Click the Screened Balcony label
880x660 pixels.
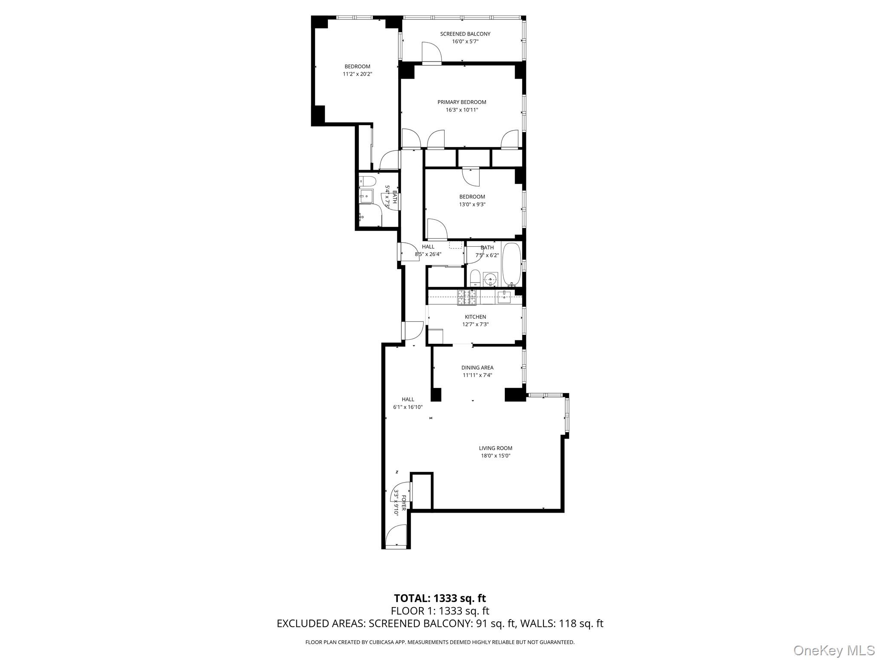(x=465, y=34)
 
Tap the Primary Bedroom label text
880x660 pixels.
(x=461, y=102)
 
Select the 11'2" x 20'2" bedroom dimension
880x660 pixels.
(x=357, y=74)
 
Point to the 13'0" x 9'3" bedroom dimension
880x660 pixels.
(x=472, y=205)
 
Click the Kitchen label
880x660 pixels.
(x=475, y=317)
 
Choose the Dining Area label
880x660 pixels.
(x=477, y=368)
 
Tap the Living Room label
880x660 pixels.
(x=495, y=448)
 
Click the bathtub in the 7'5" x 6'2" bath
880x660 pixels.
(x=511, y=264)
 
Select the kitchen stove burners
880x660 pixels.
(x=467, y=297)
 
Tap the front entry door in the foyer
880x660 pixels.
(x=396, y=538)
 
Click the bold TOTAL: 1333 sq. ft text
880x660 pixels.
(x=440, y=598)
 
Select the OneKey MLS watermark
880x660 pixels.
(x=834, y=650)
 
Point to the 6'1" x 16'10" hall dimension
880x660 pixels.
(x=408, y=407)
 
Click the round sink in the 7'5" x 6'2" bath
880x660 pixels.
(x=490, y=279)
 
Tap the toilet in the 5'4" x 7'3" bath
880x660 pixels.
(x=368, y=180)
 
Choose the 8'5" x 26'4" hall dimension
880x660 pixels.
(x=428, y=254)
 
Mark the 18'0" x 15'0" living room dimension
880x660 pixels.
(x=495, y=456)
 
